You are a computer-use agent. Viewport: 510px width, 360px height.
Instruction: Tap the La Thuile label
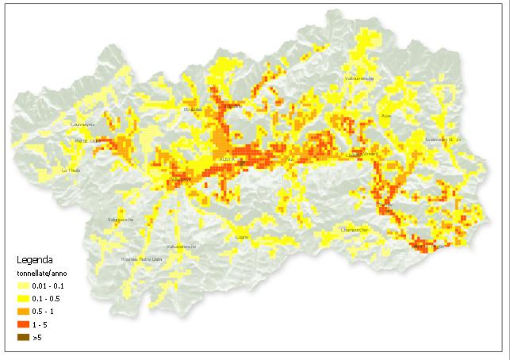click(x=71, y=170)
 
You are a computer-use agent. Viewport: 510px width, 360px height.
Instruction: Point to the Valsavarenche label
click(x=181, y=246)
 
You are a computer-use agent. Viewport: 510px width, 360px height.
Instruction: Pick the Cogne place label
click(x=243, y=236)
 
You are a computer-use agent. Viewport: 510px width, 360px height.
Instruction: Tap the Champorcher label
click(x=354, y=230)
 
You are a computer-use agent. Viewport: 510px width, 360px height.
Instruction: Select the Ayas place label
click(x=387, y=115)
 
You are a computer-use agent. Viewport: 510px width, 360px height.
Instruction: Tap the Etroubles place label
click(x=193, y=109)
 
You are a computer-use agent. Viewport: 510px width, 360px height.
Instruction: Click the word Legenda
click(x=36, y=259)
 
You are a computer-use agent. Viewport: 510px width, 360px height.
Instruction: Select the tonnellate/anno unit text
click(x=44, y=273)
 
